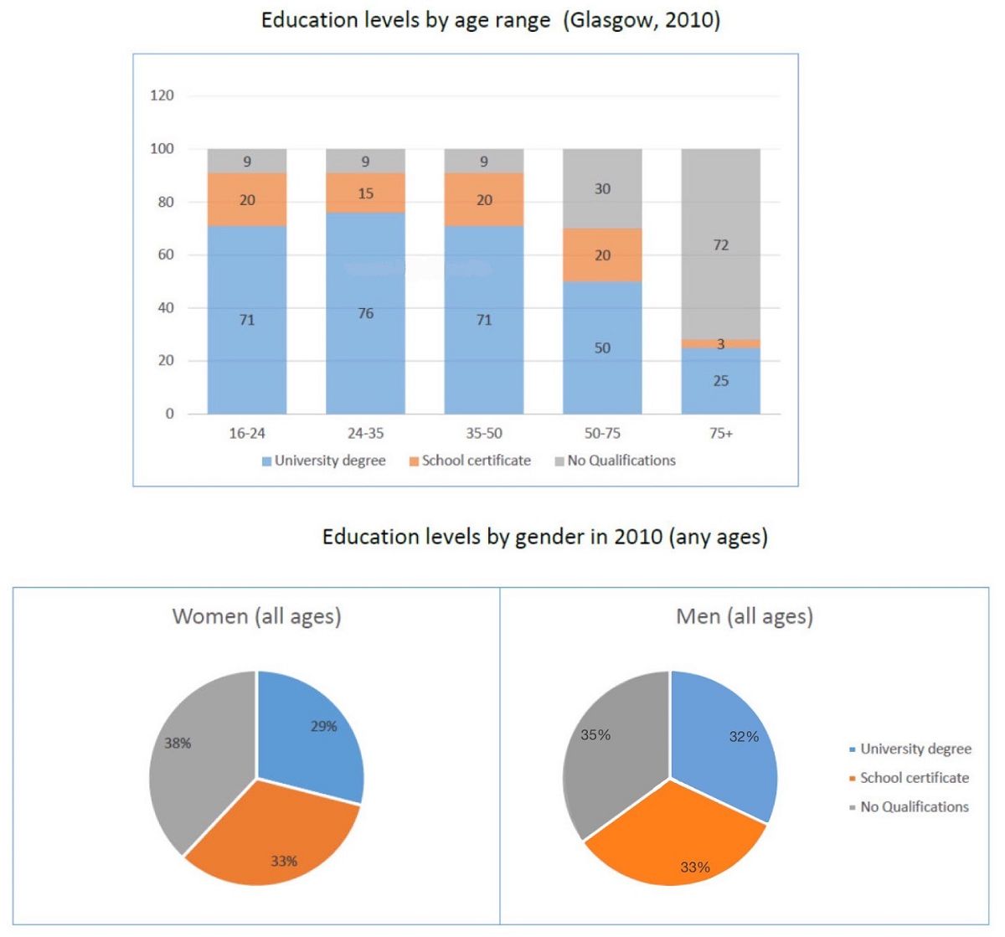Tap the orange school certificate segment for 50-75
pyautogui.click(x=602, y=255)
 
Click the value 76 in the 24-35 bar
pyautogui.click(x=366, y=313)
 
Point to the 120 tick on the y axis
pyautogui.click(x=162, y=95)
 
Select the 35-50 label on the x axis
pyautogui.click(x=484, y=434)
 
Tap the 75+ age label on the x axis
pyautogui.click(x=720, y=434)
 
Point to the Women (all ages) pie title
pyautogui.click(x=256, y=617)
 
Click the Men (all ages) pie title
pyautogui.click(x=744, y=617)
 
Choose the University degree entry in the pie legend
pyautogui.click(x=915, y=749)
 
